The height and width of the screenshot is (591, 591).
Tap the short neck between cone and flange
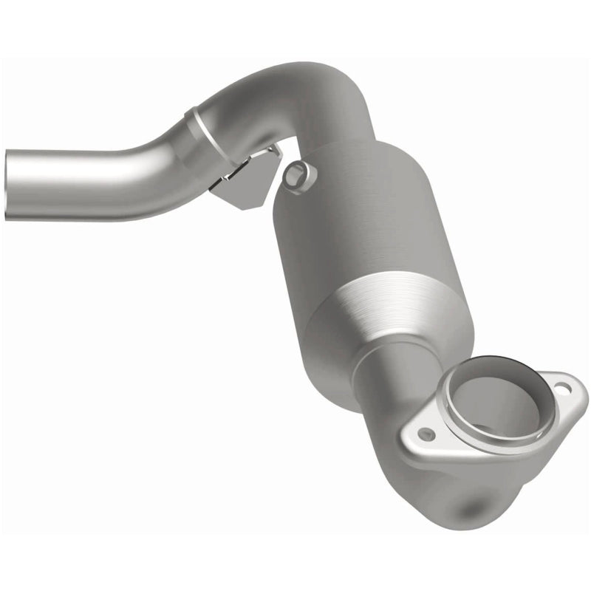tap(392, 384)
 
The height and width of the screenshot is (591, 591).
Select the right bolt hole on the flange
tap(565, 385)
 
